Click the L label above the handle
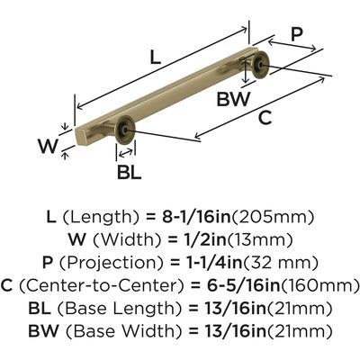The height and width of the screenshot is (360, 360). coord(156,57)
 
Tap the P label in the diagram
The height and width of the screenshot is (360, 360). coord(297,34)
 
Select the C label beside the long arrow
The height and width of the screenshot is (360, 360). coord(265,118)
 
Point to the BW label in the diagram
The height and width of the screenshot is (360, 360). coord(233,99)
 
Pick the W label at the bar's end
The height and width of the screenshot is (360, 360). coord(48,147)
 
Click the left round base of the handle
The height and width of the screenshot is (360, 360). coord(125,129)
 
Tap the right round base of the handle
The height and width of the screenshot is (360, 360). coord(260,65)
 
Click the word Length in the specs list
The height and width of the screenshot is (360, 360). coord(101,218)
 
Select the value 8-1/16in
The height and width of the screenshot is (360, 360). coord(196,217)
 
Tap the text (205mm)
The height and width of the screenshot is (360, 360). coord(273,218)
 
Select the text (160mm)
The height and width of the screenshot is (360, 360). coord(319,286)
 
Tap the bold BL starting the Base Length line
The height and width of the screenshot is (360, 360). coord(40,309)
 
